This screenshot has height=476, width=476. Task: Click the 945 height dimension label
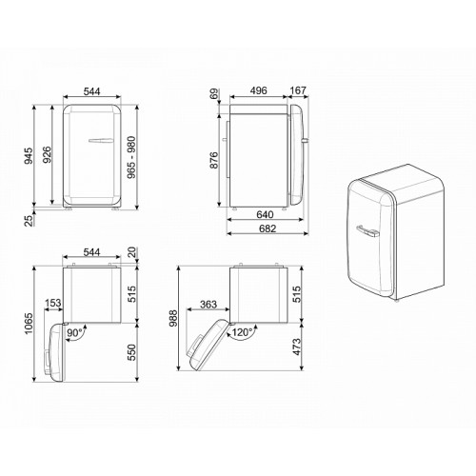pyautogui.click(x=29, y=155)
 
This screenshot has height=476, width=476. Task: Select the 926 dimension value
pyautogui.click(x=47, y=154)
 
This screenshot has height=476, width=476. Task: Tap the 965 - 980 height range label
pyautogui.click(x=131, y=157)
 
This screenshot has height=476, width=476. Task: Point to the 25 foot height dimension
pyautogui.click(x=29, y=220)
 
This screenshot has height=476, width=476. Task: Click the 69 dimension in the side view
pyautogui.click(x=215, y=94)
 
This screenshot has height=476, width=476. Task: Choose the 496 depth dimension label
pyautogui.click(x=258, y=90)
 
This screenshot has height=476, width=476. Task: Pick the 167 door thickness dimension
pyautogui.click(x=298, y=90)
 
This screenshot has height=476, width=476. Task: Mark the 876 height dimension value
pyautogui.click(x=214, y=160)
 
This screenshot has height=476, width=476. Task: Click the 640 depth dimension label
pyautogui.click(x=265, y=214)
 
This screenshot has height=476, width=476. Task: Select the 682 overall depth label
pyautogui.click(x=268, y=228)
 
